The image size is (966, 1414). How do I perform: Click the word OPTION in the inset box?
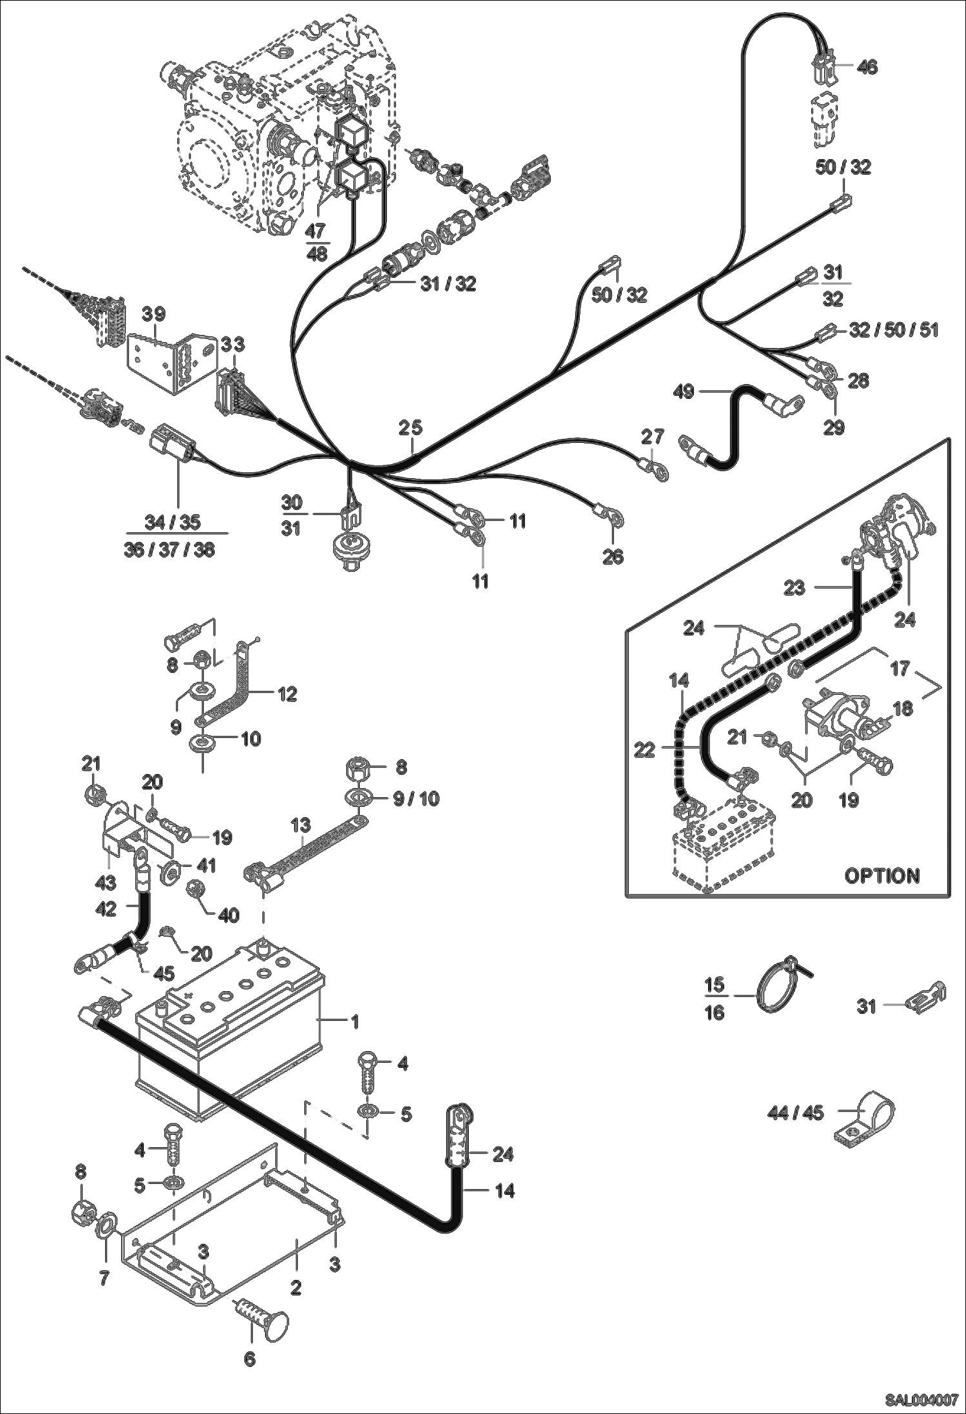pos(882,876)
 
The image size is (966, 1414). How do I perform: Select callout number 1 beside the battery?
pos(354,1021)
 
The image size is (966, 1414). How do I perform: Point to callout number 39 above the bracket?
pos(153,315)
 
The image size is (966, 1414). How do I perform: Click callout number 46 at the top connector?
pos(867,66)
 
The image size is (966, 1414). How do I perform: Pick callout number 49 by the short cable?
pos(684,391)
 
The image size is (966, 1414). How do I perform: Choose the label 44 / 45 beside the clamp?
pos(795,1113)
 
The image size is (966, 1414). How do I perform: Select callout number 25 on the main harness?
pos(409,427)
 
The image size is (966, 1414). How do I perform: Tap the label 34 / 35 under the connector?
pos(172,522)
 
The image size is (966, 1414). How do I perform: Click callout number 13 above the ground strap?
pos(301,825)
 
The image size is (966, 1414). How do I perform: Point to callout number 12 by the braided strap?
pos(287,694)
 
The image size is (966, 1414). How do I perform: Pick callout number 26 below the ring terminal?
pos(613,556)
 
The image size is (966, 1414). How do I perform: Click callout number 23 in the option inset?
pos(794,588)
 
